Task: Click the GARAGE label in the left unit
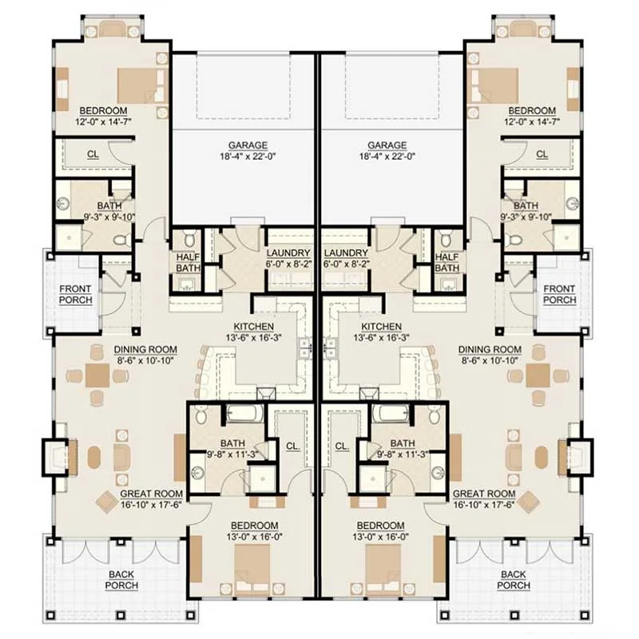coord(248,145)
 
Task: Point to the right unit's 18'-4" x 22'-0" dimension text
coord(387,157)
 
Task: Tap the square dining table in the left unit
coord(97,375)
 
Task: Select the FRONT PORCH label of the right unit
coord(560,294)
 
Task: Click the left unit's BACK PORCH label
coord(121,580)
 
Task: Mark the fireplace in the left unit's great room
coord(56,458)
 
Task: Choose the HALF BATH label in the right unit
coord(447,263)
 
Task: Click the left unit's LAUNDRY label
coord(288,253)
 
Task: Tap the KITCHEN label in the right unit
coord(382,327)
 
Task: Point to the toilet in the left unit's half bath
coord(190,239)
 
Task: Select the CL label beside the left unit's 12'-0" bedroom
coord(93,154)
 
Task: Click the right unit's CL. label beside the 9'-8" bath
coord(343,447)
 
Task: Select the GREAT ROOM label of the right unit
coord(484,494)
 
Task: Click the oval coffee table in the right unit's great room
coord(542,458)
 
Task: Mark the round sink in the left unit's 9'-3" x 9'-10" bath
coord(63,203)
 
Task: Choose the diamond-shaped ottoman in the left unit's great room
coord(107,502)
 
